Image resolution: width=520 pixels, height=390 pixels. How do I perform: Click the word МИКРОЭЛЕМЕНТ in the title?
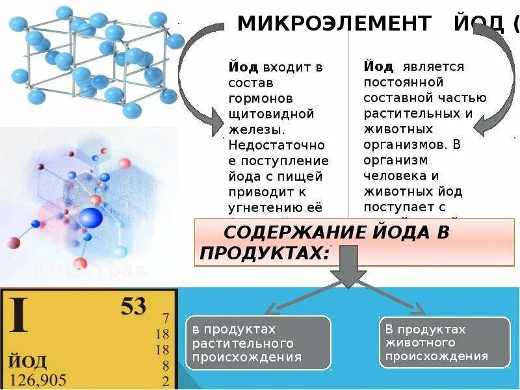point(334,24)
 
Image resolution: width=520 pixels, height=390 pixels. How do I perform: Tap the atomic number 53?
point(133,305)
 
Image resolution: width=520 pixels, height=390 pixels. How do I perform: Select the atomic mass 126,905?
point(38,379)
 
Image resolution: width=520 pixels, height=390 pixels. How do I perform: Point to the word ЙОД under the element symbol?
point(27,360)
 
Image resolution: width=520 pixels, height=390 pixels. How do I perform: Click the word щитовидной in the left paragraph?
point(271,114)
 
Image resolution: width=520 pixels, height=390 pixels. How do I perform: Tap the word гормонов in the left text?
point(261,98)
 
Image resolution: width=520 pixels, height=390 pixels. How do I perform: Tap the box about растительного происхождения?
point(258,343)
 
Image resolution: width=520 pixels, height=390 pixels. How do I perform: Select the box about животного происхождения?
point(445,343)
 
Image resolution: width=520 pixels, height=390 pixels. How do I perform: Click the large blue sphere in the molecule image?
point(91,218)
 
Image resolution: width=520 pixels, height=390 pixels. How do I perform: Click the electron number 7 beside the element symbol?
point(166,318)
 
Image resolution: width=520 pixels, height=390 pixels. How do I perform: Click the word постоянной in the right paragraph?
point(404,83)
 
